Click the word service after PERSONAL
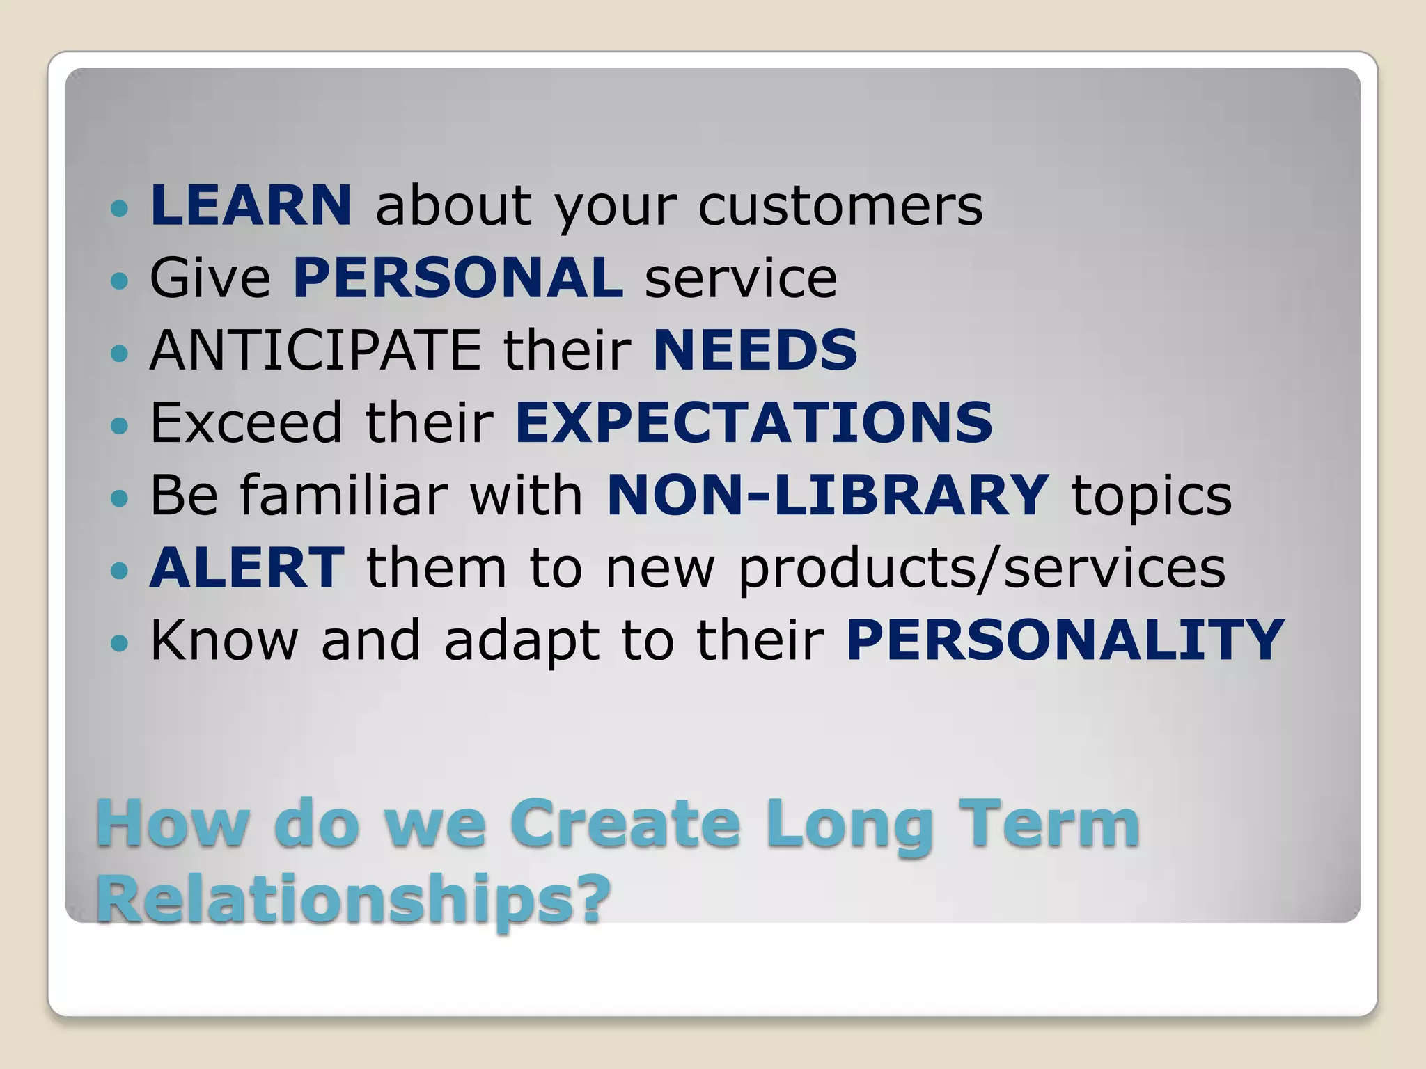pyautogui.click(x=740, y=279)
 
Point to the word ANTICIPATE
pyautogui.click(x=315, y=350)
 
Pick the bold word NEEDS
pyautogui.click(x=755, y=350)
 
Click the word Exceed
pyautogui.click(x=246, y=422)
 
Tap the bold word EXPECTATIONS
pyautogui.click(x=753, y=422)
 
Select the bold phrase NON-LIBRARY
pyautogui.click(x=827, y=495)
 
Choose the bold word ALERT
pyautogui.click(x=246, y=567)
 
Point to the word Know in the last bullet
pyautogui.click(x=224, y=640)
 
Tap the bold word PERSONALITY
pyautogui.click(x=1065, y=640)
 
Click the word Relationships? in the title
pyautogui.click(x=353, y=898)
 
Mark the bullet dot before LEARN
pyautogui.click(x=120, y=208)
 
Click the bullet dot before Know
pyautogui.click(x=120, y=642)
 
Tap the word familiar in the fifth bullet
pyautogui.click(x=344, y=495)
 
